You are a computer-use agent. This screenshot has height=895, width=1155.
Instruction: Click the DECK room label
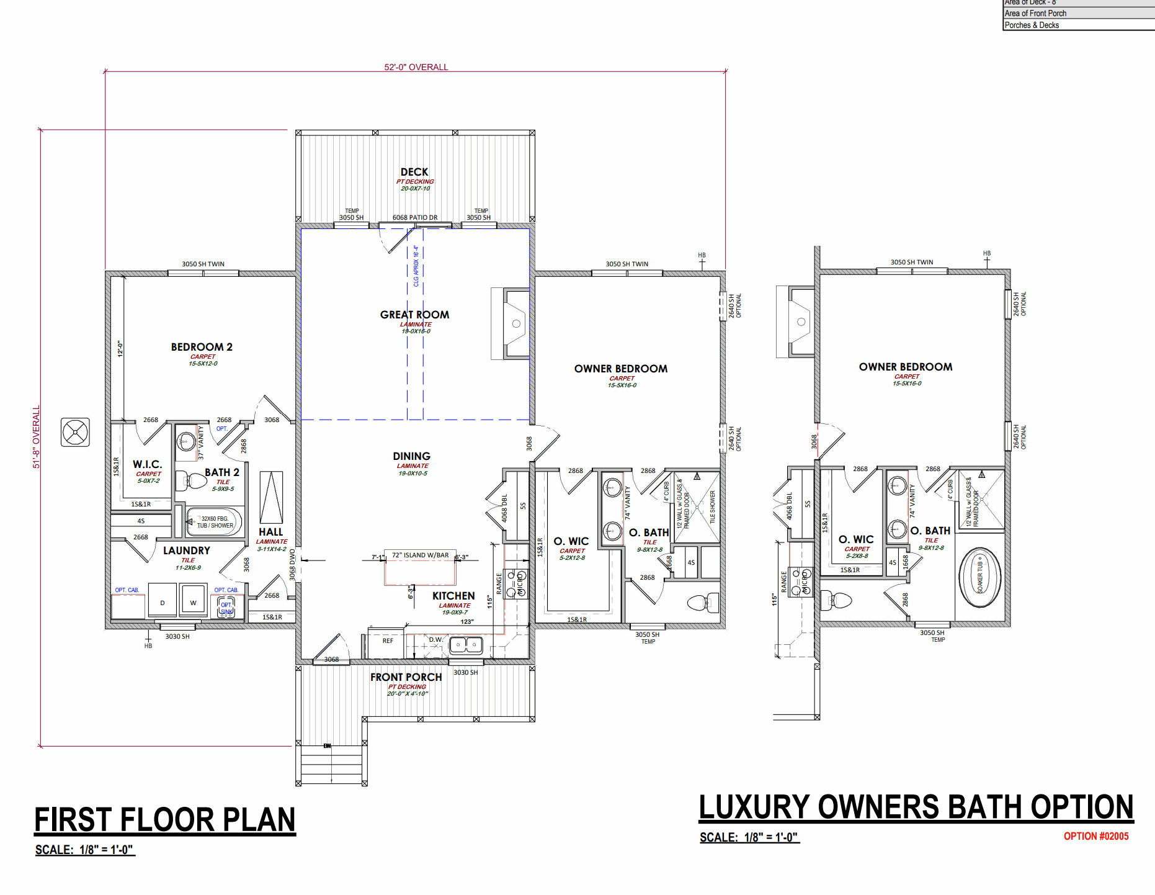(x=414, y=172)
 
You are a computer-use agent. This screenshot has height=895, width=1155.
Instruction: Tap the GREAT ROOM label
(x=414, y=315)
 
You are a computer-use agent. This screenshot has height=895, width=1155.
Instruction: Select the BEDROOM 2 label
(x=202, y=347)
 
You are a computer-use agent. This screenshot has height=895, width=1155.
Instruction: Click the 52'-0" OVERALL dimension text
(x=416, y=67)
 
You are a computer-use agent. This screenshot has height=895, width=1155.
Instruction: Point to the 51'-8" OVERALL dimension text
(x=36, y=436)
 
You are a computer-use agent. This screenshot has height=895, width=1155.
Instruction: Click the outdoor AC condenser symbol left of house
(x=75, y=432)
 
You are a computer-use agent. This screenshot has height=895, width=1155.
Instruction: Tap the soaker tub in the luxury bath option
(x=979, y=577)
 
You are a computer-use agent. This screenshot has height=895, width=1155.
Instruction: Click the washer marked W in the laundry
(x=193, y=601)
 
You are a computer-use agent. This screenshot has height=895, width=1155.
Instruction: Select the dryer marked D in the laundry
(x=163, y=601)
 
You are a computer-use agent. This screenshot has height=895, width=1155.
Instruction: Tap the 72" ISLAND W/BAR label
(x=420, y=555)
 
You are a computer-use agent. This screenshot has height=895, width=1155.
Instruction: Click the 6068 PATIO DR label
(x=414, y=217)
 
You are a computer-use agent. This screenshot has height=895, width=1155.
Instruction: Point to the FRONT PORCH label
(x=406, y=677)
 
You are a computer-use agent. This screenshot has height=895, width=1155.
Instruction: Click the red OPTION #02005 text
(x=1095, y=836)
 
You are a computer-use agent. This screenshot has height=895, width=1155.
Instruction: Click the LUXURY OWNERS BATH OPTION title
(x=916, y=807)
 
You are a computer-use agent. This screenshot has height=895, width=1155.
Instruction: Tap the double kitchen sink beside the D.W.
(x=465, y=645)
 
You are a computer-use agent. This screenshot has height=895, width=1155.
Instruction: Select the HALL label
(x=270, y=532)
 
